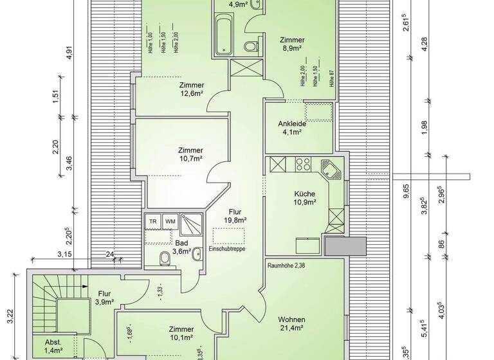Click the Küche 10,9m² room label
pyautogui.click(x=304, y=197)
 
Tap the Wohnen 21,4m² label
pyautogui.click(x=291, y=325)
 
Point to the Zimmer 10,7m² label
pyautogui.click(x=191, y=154)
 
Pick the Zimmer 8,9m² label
pyautogui.click(x=292, y=43)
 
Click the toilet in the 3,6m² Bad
pyautogui.click(x=165, y=259)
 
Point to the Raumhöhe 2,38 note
pyautogui.click(x=286, y=264)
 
